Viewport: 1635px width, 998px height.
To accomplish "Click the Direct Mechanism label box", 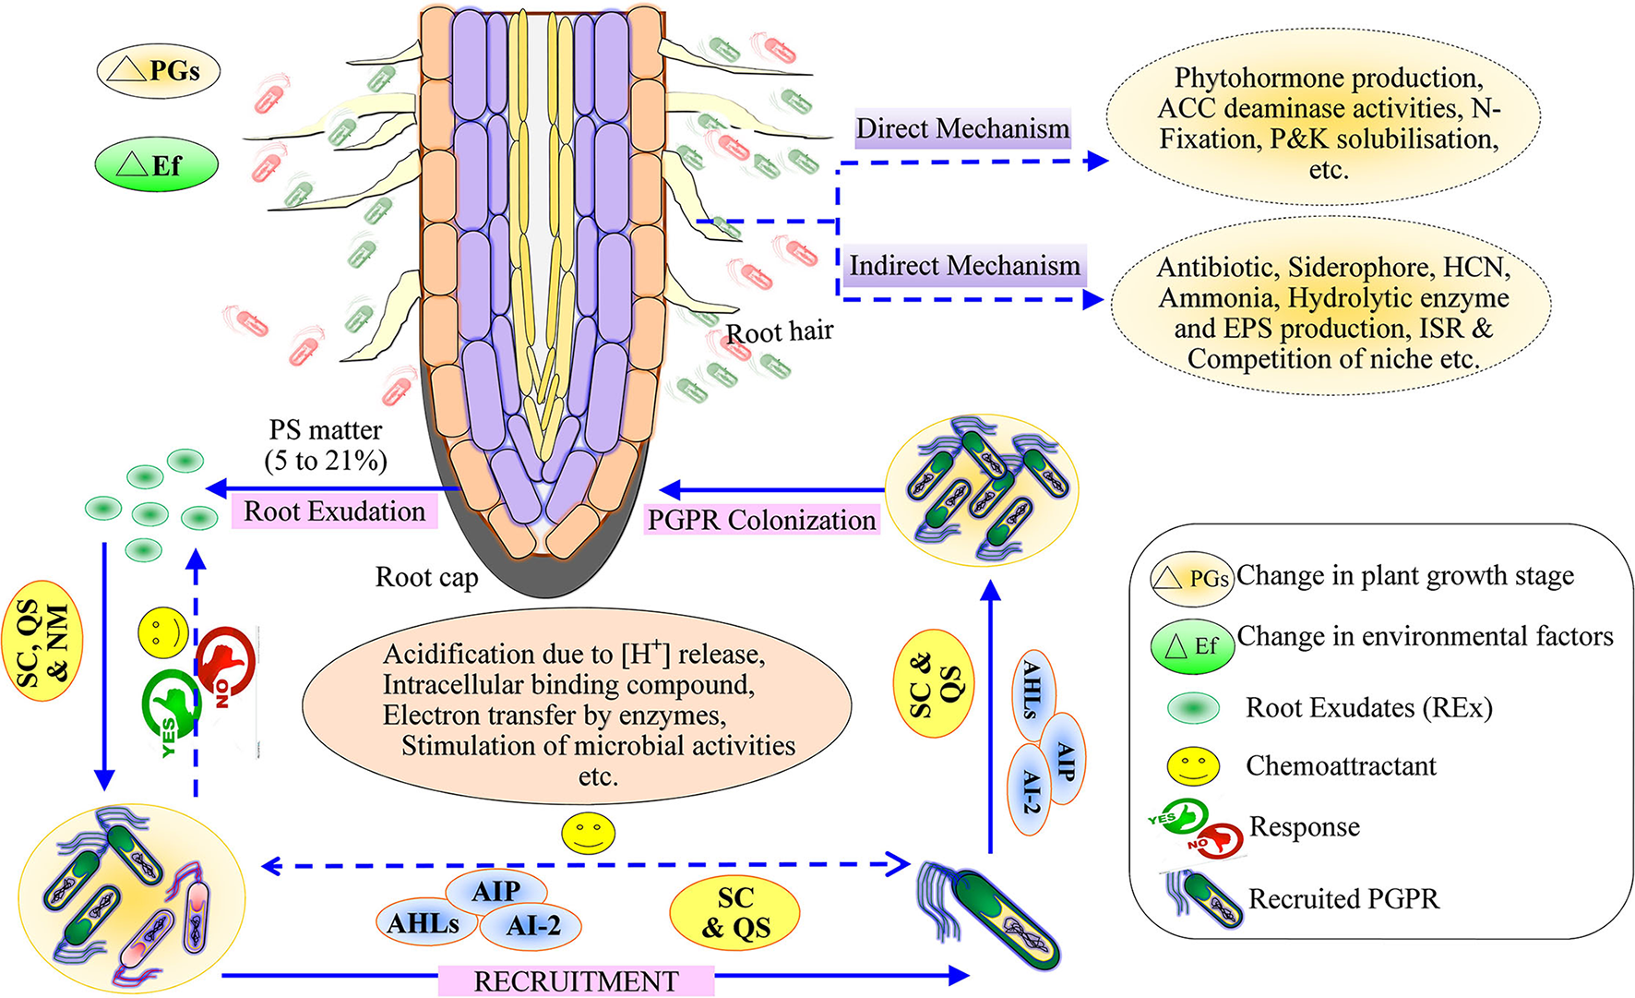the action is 962,128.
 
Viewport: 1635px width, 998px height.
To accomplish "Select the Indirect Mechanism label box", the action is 964,266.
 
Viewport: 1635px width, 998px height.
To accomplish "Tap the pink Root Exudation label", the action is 334,511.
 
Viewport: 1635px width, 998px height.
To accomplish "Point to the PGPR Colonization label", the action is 761,520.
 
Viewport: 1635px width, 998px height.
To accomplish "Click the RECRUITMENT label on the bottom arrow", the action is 576,980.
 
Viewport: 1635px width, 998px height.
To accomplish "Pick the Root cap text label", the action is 426,577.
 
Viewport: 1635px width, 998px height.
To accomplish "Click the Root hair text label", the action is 780,331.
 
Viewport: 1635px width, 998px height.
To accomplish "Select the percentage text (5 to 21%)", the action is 326,460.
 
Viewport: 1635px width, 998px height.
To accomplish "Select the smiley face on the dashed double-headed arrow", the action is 589,833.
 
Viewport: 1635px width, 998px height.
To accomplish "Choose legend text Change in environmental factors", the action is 1425,636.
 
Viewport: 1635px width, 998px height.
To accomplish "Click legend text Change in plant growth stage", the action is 1404,575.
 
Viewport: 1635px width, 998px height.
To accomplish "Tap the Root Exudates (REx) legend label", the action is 1368,708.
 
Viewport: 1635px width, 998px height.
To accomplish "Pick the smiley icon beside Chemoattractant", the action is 1193,765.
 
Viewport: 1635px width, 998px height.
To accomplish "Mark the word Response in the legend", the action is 1304,827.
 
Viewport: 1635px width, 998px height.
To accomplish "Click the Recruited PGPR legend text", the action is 1343,898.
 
